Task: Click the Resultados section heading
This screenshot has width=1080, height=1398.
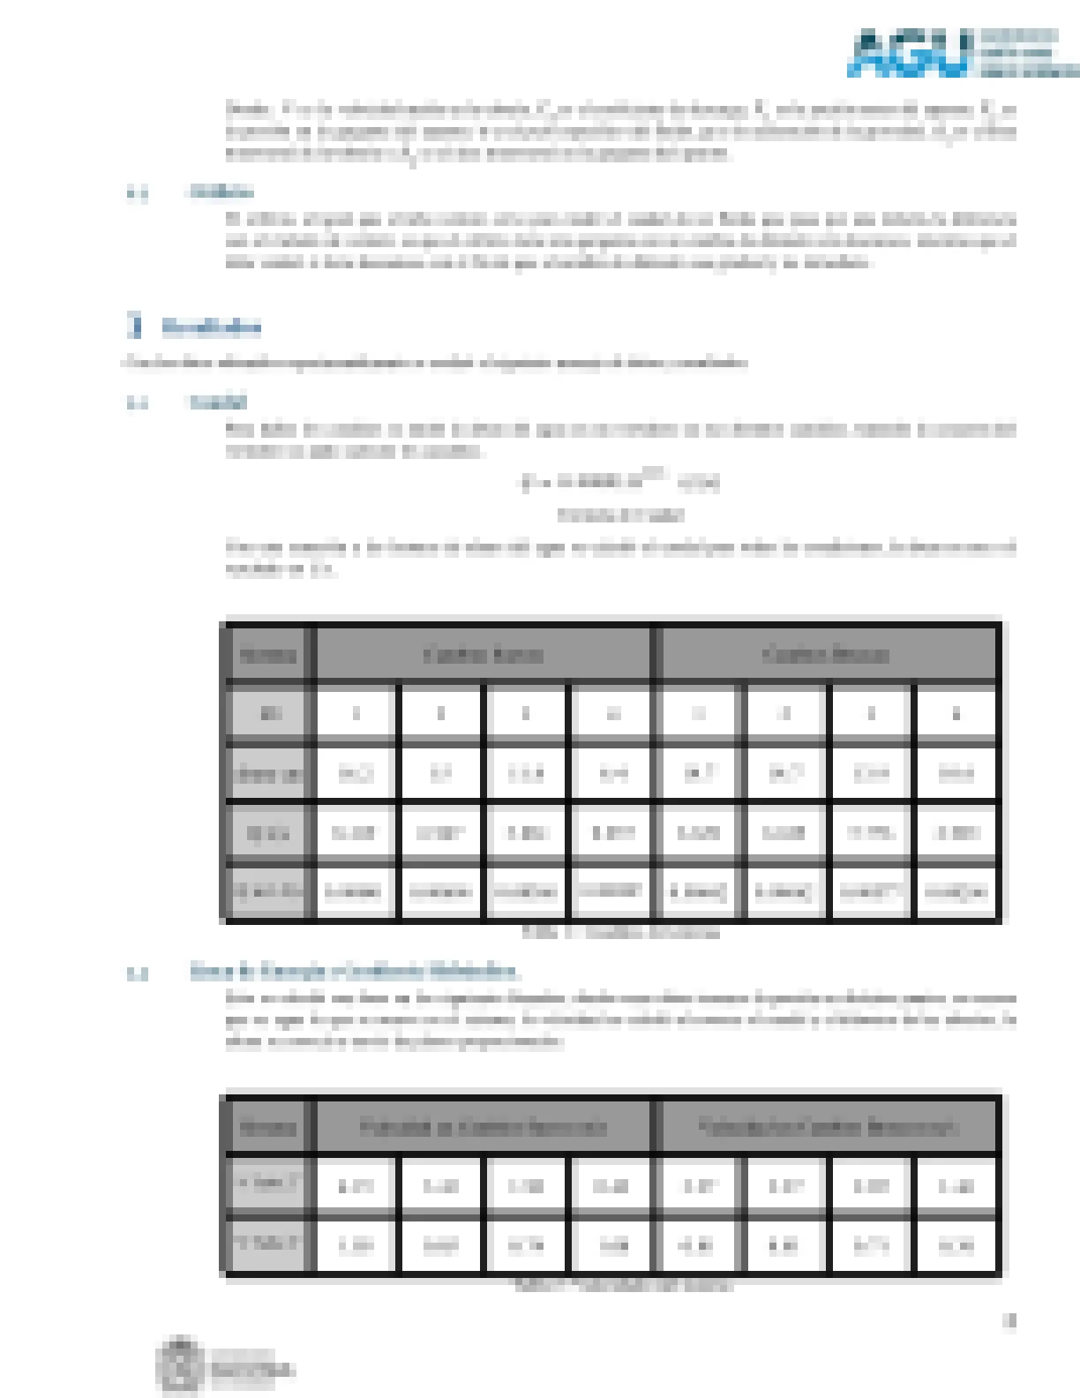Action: coord(211,327)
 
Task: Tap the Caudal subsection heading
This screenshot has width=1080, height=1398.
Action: coord(218,403)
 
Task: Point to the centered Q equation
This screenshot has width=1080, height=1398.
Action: coord(620,482)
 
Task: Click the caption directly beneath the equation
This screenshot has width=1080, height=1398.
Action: coord(620,515)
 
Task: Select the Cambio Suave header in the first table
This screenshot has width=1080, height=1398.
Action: coord(483,655)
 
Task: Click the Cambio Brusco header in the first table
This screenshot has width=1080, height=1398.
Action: coord(825,655)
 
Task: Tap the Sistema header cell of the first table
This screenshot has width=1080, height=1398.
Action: coord(267,655)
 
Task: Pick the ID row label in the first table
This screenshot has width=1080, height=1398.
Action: coord(269,714)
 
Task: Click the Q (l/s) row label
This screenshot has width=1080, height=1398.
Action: coord(268,832)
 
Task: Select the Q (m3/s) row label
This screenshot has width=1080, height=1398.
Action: coord(268,891)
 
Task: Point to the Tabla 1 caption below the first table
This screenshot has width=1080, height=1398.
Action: coord(620,933)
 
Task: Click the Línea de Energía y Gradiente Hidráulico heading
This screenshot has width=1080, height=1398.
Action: coord(354,973)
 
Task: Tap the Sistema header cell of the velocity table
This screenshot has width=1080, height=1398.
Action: coord(267,1127)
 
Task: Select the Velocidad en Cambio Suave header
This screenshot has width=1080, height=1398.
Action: coord(483,1127)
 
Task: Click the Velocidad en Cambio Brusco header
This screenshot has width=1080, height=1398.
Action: coord(825,1127)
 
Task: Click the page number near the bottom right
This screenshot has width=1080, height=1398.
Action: coord(1009,1321)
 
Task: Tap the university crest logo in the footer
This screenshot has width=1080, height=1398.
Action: coord(181,1366)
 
